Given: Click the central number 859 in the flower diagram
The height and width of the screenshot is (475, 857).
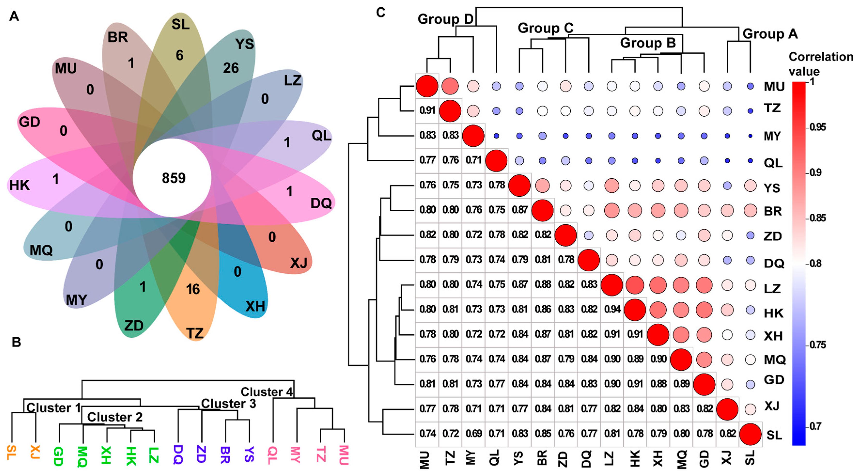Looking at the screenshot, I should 174,178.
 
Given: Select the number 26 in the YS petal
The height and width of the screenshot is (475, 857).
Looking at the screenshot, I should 231,68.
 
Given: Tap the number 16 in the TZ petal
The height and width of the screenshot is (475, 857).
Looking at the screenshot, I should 193,289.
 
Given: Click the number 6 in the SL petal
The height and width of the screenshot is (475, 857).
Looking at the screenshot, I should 180,55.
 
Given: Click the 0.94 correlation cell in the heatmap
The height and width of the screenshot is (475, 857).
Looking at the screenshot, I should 612,309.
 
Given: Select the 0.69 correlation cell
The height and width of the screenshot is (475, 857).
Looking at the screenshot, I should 473,433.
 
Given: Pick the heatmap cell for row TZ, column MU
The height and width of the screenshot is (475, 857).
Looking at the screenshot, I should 427,110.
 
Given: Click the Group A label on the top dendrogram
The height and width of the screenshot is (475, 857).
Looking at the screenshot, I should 770,34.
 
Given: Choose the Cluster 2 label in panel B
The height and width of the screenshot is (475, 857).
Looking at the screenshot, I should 115,417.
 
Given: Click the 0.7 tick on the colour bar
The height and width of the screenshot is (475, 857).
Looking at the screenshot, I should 815,426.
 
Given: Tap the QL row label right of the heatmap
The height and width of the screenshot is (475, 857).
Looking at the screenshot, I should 773,163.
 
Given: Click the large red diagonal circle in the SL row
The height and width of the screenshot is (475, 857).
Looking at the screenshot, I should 750,434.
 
